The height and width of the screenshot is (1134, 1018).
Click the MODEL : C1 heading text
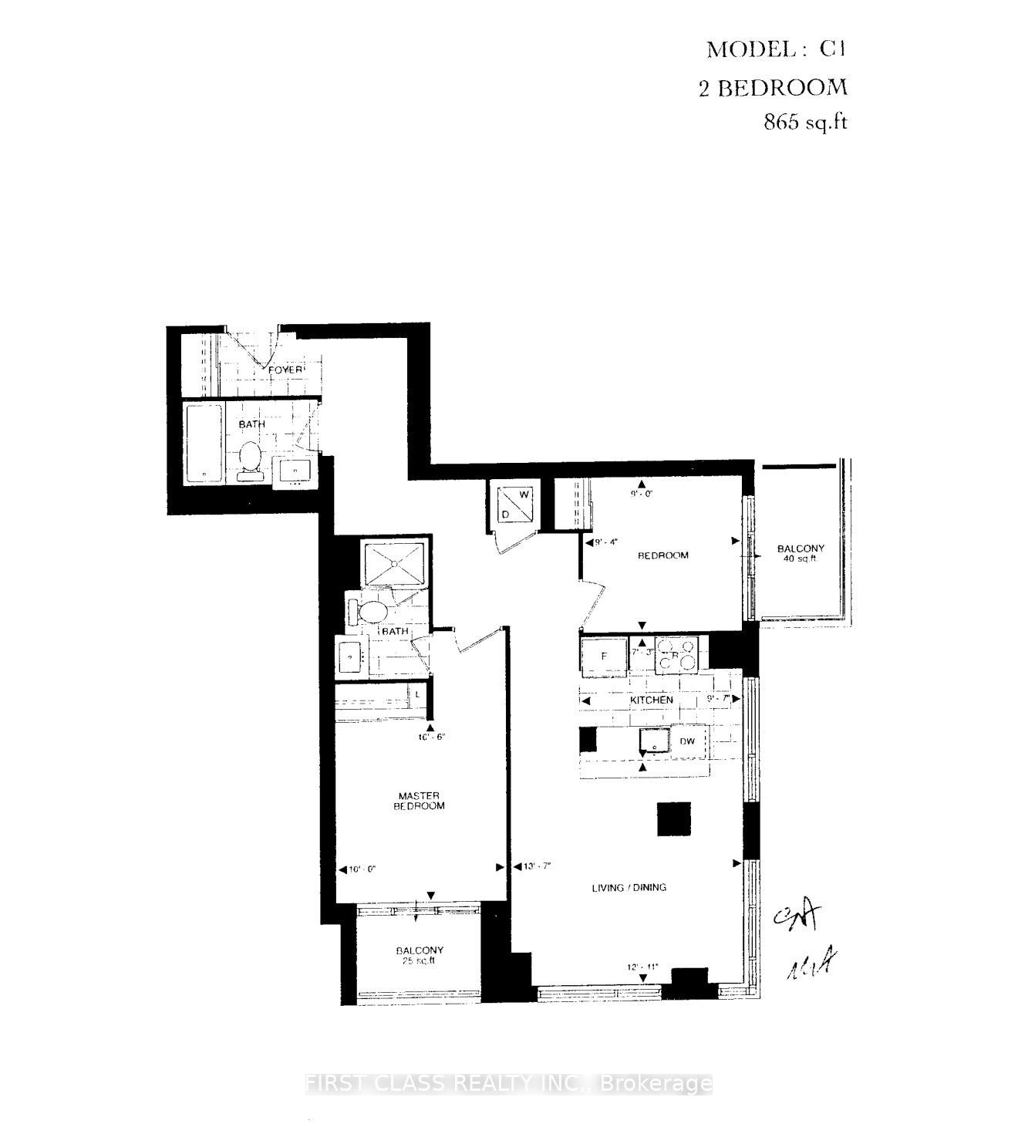tap(776, 50)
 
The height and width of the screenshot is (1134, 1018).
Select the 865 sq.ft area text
tap(805, 122)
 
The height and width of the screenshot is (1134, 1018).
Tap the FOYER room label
tap(285, 370)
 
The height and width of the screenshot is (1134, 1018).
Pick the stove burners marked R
tap(676, 655)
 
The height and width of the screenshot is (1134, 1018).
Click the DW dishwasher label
tap(687, 742)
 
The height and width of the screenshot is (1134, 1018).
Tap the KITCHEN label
tap(652, 700)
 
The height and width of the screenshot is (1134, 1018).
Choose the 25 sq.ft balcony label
tap(419, 955)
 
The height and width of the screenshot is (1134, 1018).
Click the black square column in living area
tap(674, 818)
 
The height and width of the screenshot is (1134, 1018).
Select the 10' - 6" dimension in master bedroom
tap(432, 737)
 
